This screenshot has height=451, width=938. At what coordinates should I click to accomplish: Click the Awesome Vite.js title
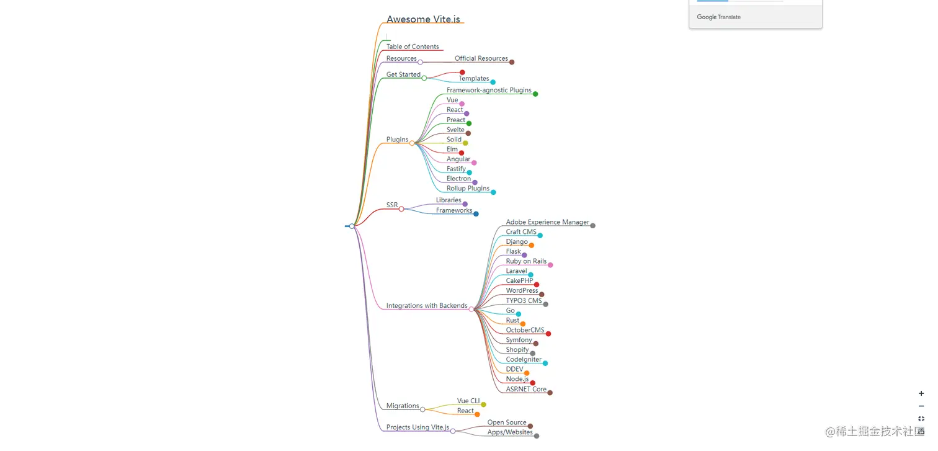423,19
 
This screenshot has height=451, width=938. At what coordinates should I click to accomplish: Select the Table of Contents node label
413,47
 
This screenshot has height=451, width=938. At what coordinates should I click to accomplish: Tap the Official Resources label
481,58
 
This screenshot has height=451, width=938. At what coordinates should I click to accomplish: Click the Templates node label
474,79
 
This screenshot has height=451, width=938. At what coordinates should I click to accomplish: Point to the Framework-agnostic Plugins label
489,91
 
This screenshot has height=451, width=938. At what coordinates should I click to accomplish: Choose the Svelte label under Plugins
455,130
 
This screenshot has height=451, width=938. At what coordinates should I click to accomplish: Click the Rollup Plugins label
468,189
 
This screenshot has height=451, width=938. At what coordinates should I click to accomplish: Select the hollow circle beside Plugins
412,143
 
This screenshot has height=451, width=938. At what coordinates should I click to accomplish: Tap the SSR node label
392,205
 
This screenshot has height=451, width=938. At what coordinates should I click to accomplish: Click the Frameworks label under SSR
454,211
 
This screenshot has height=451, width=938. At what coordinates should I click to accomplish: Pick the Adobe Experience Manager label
547,222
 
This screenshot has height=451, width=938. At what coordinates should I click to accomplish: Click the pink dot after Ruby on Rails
550,265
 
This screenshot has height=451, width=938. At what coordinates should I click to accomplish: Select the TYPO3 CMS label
524,301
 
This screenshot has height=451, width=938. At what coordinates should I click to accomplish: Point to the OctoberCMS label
525,331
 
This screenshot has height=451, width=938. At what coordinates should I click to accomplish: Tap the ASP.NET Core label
526,390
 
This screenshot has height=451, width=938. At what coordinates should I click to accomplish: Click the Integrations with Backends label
427,306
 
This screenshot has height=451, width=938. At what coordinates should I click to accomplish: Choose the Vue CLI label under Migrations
468,401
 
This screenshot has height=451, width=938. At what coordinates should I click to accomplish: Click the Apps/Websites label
510,432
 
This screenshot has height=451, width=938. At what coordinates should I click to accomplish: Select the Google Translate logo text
718,17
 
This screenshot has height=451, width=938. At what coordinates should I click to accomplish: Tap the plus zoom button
921,393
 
